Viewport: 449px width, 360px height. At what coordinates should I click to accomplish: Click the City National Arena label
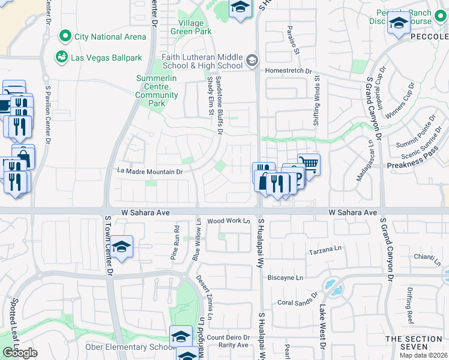(110, 37)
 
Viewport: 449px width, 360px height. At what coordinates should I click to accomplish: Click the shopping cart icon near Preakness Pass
(309, 163)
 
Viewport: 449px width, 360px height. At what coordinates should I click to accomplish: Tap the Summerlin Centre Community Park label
(157, 91)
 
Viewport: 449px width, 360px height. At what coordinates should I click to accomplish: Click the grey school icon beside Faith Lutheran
(252, 59)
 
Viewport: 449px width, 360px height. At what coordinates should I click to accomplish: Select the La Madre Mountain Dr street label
(149, 172)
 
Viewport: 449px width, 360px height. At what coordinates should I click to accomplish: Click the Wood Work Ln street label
(228, 221)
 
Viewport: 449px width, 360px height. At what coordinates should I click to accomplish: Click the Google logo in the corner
(20, 353)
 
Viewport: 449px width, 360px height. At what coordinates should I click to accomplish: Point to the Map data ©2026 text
(424, 355)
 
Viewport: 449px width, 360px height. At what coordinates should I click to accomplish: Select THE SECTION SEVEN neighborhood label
(414, 343)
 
